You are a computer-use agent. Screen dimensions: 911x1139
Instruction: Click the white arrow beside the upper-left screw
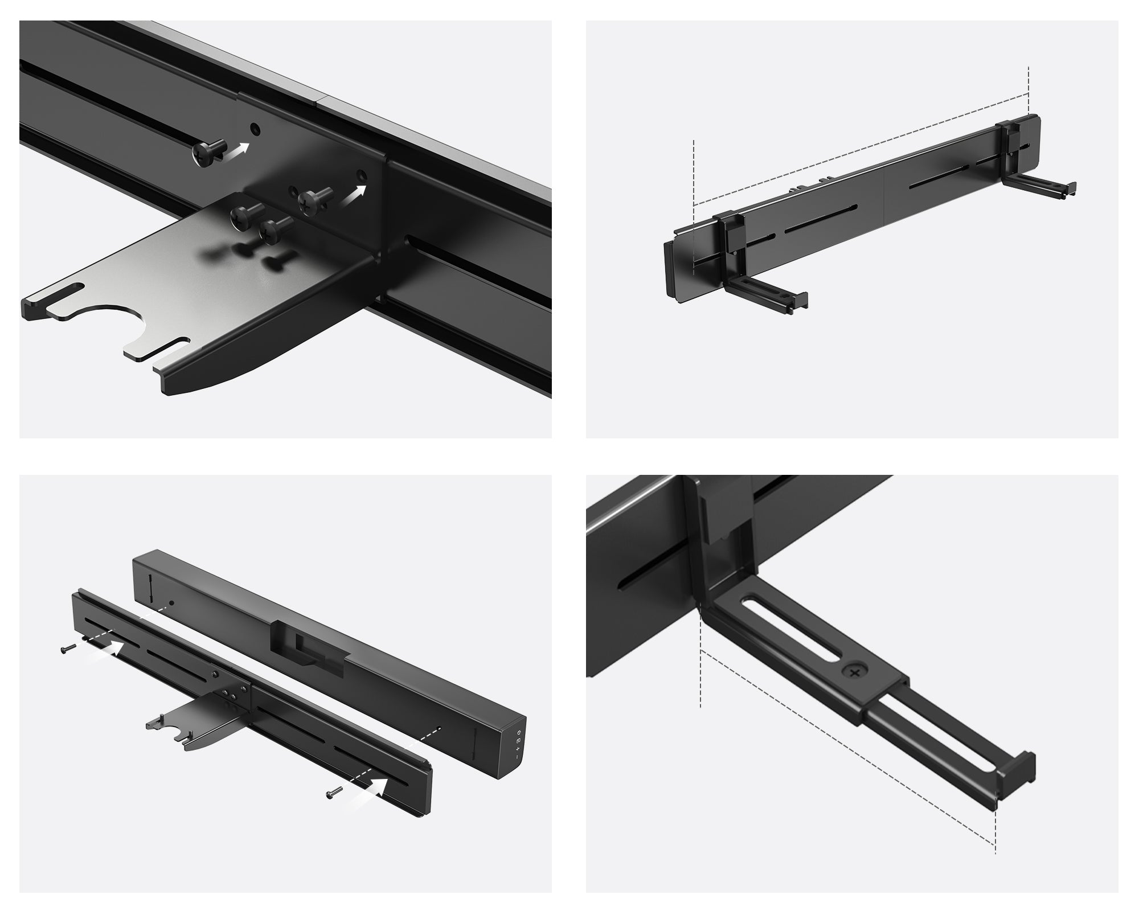tap(238, 150)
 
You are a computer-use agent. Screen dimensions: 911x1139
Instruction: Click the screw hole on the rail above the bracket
tap(255, 129)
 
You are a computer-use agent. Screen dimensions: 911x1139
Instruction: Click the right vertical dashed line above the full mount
tap(1029, 91)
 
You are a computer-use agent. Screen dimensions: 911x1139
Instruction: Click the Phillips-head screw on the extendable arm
tap(854, 672)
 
